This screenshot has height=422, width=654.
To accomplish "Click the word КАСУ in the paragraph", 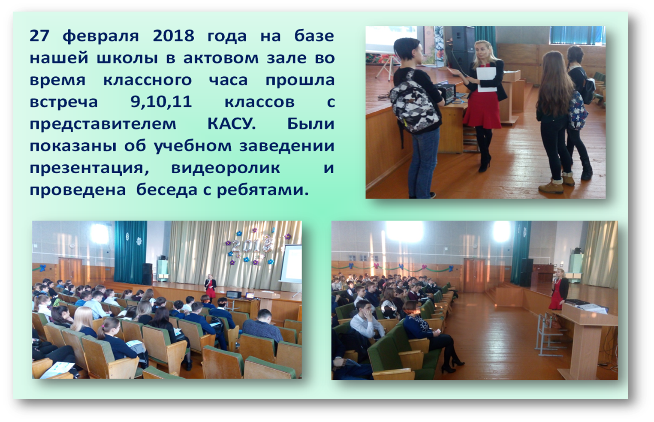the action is (232, 124).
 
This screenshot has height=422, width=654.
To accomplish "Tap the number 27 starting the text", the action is (40, 36).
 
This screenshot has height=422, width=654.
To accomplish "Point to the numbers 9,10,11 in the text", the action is (161, 102).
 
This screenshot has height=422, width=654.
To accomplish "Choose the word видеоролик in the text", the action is (226, 169).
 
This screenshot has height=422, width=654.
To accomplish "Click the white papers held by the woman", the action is (487, 79).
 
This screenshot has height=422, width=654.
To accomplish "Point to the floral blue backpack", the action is (577, 111).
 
